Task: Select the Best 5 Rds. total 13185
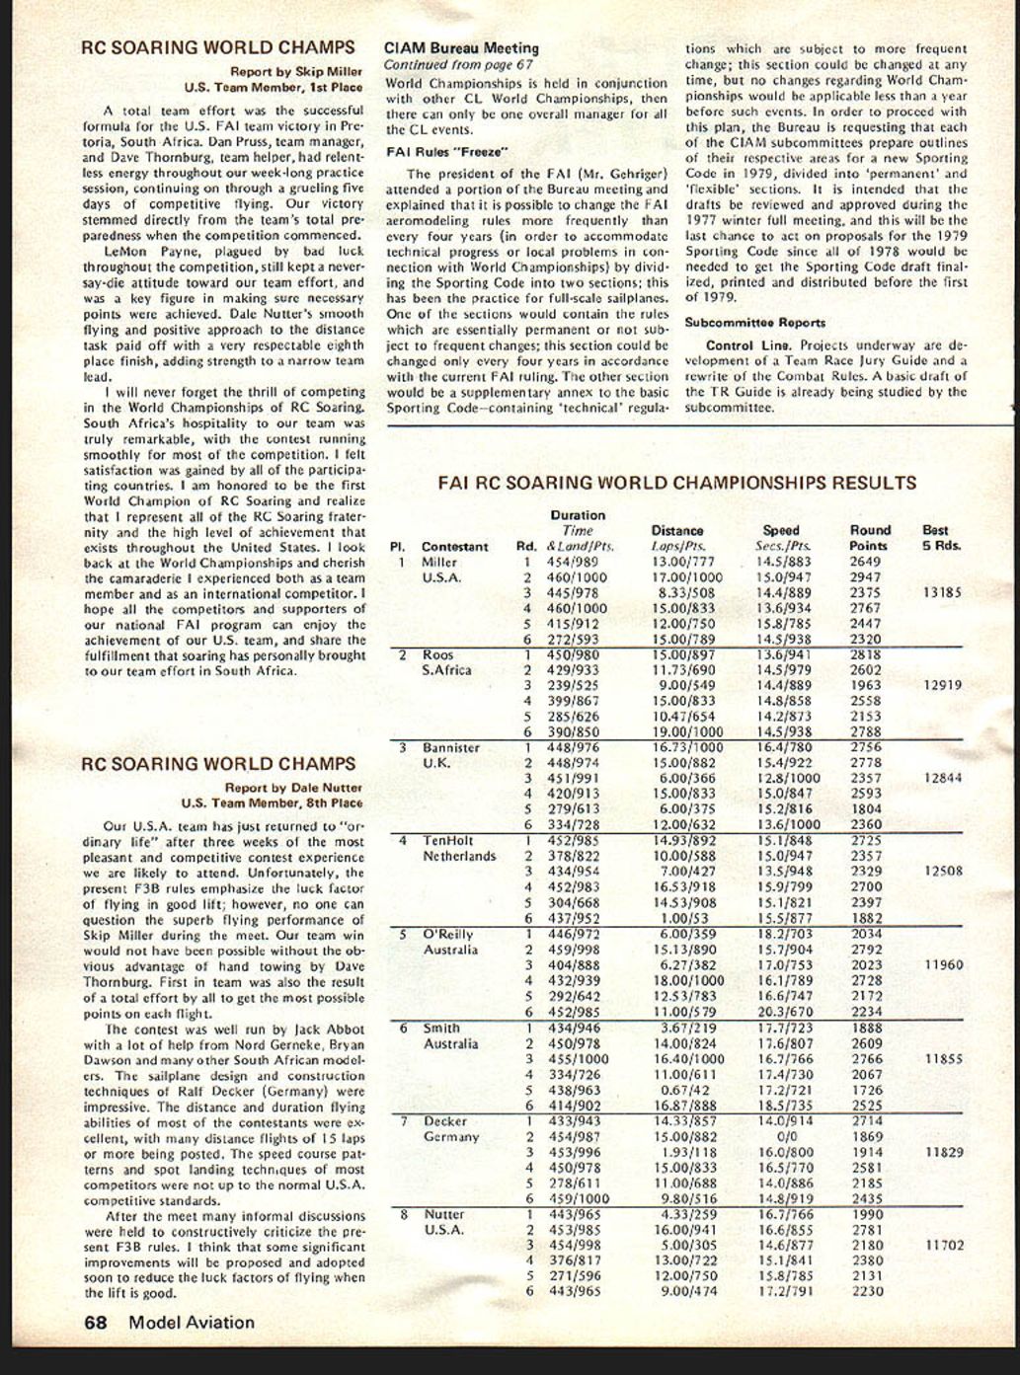942,593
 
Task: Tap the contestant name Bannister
451,748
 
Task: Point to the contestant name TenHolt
448,841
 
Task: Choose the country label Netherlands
459,857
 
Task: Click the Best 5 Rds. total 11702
944,1246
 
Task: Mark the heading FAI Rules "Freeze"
445,152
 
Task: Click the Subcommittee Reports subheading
755,323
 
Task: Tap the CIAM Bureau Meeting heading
461,47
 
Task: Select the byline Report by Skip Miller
295,71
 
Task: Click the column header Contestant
454,546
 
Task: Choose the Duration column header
578,515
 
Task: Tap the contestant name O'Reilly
449,934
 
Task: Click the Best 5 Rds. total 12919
942,685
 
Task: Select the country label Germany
450,1137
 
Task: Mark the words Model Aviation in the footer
191,1323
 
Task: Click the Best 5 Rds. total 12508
942,872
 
